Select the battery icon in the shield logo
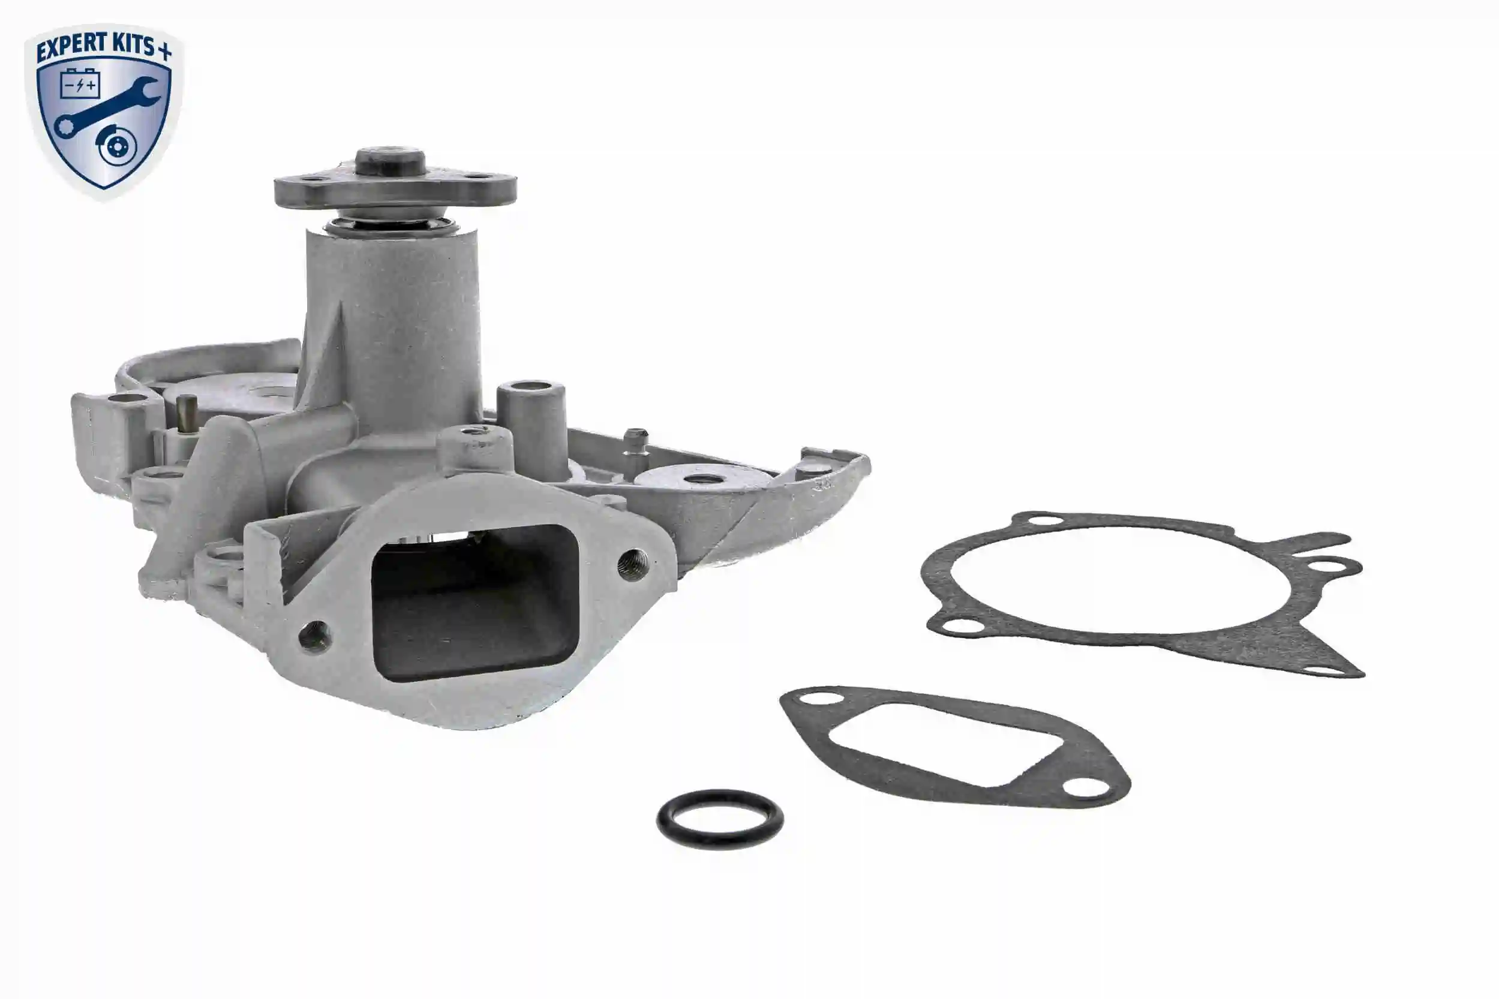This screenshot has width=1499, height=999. coord(80,83)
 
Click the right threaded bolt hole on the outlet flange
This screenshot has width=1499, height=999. coord(633,563)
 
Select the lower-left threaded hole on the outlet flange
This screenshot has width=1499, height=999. coord(315,636)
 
